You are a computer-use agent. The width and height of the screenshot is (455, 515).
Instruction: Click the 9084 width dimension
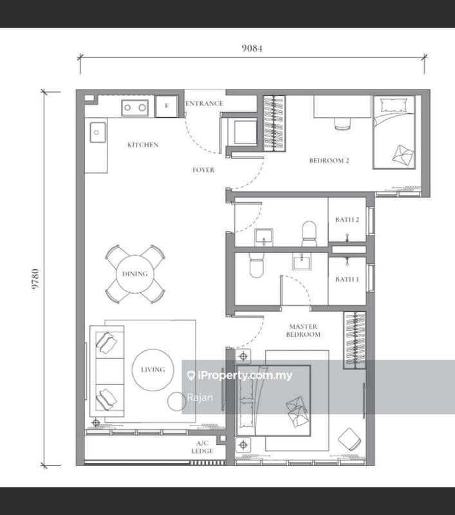252,48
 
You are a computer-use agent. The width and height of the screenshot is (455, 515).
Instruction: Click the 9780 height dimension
35,279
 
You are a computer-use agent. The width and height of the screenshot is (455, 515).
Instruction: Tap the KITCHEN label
143,144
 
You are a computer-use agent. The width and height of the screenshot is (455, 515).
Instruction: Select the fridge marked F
167,106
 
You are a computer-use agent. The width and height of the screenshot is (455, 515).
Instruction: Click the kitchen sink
98,132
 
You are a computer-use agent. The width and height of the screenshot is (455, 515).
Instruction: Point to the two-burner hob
135,108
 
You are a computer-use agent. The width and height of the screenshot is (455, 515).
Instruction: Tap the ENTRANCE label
204,104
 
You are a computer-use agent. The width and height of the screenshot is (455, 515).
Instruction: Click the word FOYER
203,170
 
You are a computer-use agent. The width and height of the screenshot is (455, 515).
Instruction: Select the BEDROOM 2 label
329,160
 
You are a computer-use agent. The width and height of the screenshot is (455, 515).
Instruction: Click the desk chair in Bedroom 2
343,124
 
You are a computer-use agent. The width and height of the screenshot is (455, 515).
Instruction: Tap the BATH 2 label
347,220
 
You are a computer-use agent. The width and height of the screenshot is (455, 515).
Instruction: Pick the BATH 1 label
347,279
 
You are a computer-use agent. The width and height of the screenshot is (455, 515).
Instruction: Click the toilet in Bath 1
256,265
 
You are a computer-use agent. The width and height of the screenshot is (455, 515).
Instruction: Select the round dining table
135,274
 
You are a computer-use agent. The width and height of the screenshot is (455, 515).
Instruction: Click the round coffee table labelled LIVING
153,370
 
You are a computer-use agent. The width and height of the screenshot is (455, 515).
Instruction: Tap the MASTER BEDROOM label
303,330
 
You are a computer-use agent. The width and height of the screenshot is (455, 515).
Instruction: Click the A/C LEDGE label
202,447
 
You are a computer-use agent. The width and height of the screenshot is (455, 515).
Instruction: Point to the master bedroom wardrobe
355,340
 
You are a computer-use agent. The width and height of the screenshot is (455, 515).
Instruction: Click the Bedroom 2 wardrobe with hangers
274,124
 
